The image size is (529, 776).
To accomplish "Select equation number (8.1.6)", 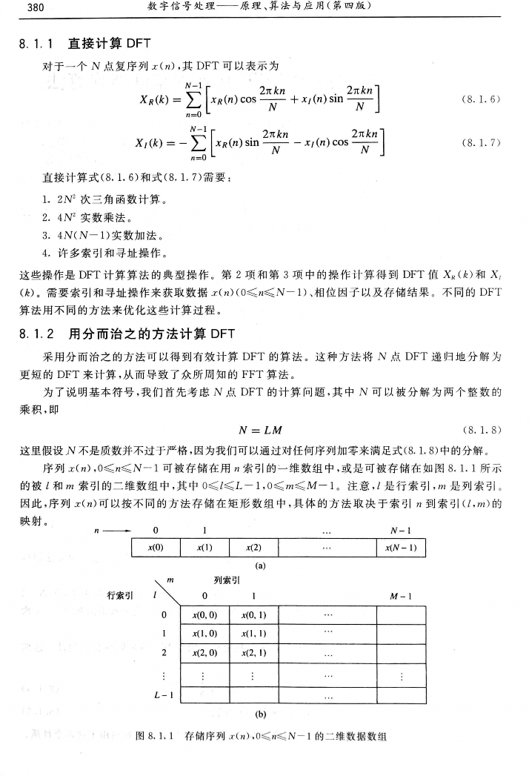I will pos(479,98).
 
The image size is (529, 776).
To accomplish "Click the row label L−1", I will pos(164,695).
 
